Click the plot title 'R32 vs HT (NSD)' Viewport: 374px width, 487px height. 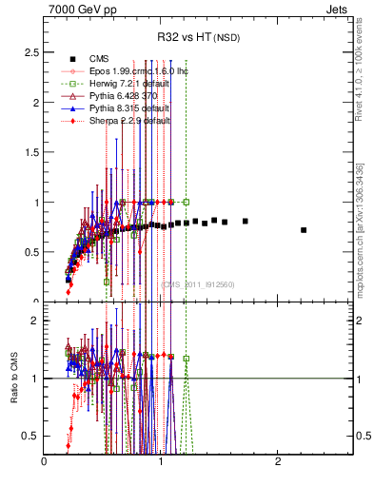click(x=198, y=38)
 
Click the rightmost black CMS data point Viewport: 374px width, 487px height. click(x=304, y=230)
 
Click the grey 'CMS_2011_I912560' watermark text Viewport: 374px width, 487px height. click(x=198, y=284)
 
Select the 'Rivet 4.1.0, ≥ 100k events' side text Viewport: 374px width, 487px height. click(x=364, y=73)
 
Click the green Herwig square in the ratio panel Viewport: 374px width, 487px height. click(x=187, y=359)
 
